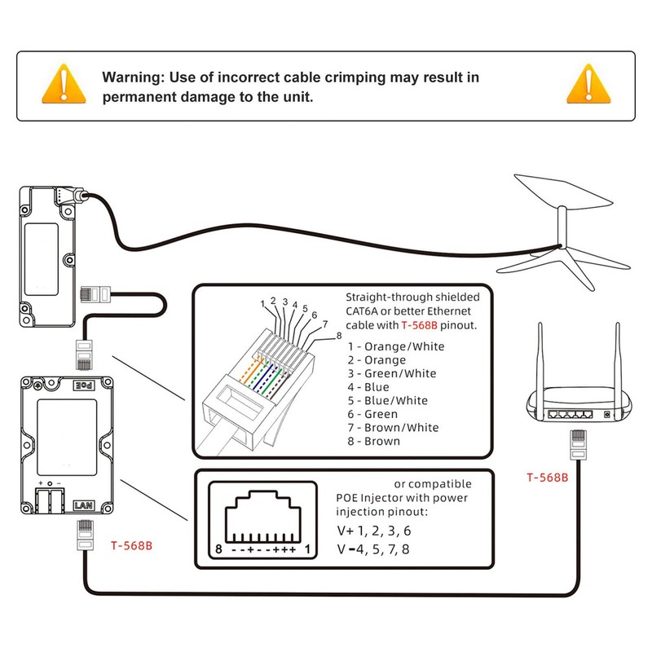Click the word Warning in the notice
(x=131, y=78)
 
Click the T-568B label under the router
(x=547, y=478)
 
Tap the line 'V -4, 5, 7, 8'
(x=373, y=550)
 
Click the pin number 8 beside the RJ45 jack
(x=219, y=550)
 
